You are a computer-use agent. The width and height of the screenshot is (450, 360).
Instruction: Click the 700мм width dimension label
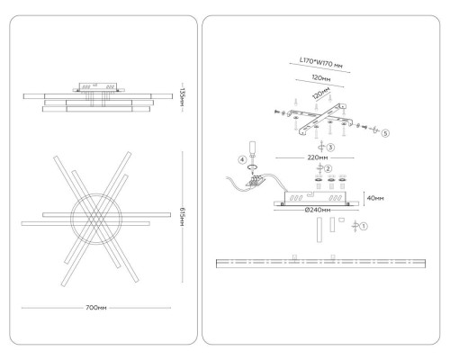click(96, 308)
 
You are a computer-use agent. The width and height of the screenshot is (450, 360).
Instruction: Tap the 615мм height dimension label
click(182, 217)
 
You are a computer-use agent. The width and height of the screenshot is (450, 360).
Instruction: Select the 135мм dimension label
click(182, 98)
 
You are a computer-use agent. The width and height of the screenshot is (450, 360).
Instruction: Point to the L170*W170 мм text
click(320, 62)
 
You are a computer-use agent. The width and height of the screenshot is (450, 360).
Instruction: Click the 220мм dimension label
click(318, 157)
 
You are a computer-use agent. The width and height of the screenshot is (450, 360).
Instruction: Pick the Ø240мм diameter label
click(318, 210)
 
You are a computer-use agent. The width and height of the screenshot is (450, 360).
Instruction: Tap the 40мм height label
click(375, 198)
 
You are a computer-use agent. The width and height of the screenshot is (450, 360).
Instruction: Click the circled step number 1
click(364, 226)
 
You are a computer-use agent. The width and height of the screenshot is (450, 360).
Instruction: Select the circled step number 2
click(328, 168)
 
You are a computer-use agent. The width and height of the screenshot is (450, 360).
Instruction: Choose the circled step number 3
click(330, 148)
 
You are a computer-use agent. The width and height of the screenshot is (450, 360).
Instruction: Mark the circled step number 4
click(242, 160)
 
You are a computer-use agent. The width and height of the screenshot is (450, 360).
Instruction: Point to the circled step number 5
click(385, 133)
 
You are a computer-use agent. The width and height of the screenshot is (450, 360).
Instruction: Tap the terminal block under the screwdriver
click(256, 181)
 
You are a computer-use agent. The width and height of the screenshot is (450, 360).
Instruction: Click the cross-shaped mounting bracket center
click(319, 117)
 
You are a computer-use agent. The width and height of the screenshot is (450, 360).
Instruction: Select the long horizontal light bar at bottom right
click(320, 264)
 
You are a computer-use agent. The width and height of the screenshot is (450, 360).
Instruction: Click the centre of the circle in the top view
click(96, 219)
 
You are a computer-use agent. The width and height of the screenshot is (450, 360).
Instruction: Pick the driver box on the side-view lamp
click(98, 87)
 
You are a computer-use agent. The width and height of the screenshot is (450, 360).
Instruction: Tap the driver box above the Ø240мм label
click(315, 198)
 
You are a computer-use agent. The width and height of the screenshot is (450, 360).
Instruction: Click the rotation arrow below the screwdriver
click(253, 167)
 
